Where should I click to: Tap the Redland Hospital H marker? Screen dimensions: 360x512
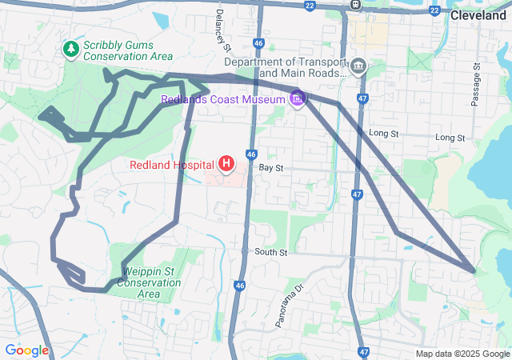226,165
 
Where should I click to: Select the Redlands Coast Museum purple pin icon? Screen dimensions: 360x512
298,98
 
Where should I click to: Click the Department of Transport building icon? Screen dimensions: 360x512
358,66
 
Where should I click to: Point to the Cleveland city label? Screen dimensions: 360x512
478,15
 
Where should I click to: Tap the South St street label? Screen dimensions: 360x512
270,252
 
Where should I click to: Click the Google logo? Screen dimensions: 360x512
26,350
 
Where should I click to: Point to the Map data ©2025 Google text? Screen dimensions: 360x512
462,354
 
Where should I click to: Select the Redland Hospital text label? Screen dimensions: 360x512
173,166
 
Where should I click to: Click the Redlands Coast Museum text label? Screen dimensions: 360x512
223,99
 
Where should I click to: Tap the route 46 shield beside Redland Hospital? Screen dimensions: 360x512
251,154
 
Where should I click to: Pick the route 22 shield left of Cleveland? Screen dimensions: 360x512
434,10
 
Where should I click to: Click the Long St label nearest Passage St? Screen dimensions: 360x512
450,138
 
